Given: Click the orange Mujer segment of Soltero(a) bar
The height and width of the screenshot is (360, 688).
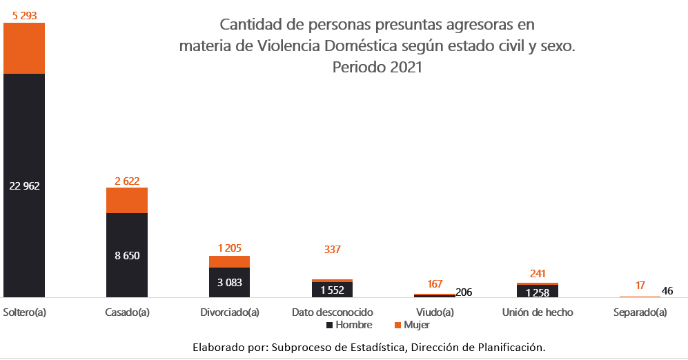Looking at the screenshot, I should (24, 48).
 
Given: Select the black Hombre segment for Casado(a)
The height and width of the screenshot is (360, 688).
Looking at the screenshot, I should (127, 255).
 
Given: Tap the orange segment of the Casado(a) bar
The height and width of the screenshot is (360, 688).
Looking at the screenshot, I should (127, 200).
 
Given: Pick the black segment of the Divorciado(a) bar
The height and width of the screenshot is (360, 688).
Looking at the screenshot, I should (230, 283).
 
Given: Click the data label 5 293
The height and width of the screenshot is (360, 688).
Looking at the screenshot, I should (24, 13).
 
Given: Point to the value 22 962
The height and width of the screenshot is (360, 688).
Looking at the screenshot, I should (24, 186).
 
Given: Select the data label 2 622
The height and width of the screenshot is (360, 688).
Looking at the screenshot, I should (127, 181).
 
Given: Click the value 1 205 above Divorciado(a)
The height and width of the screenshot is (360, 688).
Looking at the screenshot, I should (230, 248).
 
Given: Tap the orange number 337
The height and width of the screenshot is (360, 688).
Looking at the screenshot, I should (333, 249).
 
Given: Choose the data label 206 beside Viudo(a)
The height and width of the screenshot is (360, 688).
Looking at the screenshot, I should (464, 292).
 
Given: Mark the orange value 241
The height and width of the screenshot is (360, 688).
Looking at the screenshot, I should (538, 274).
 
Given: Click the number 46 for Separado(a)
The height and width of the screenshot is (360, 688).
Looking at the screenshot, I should (667, 291).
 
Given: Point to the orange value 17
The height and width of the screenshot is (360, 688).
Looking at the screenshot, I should (641, 285).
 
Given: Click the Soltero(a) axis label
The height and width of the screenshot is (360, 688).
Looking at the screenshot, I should (25, 312).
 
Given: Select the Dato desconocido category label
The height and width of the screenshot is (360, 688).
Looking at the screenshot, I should (333, 312).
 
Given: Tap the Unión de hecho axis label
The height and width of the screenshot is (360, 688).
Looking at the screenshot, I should (538, 312).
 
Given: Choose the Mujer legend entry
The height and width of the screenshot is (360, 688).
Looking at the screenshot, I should (416, 325).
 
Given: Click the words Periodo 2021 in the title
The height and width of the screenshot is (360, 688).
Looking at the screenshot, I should (377, 68).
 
